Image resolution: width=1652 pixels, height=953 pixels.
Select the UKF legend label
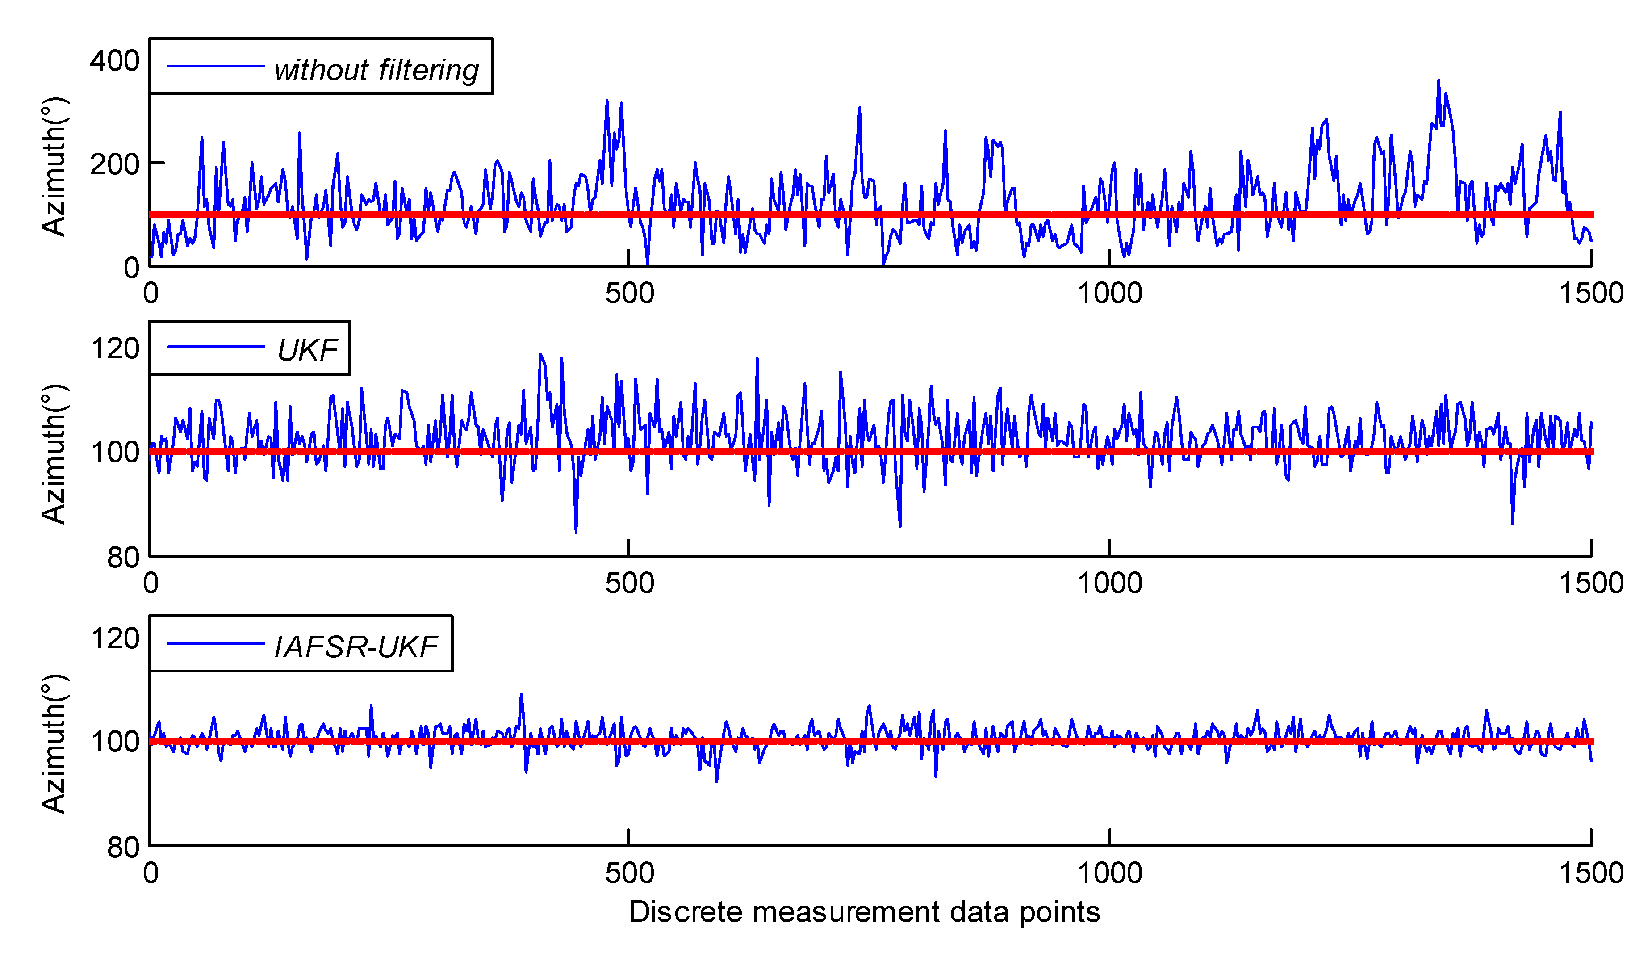pos(308,350)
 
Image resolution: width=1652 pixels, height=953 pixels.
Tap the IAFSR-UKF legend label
pos(356,647)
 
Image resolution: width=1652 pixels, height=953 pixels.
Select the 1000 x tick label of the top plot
pos(1110,293)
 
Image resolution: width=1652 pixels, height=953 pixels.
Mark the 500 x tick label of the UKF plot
pos(629,583)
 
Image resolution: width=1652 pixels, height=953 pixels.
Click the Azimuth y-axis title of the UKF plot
pos(54,454)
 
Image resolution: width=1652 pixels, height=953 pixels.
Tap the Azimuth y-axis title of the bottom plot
pos(54,744)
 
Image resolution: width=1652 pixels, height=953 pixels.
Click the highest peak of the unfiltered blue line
pos(1438,80)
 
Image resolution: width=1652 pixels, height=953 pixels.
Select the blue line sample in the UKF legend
pos(216,347)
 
